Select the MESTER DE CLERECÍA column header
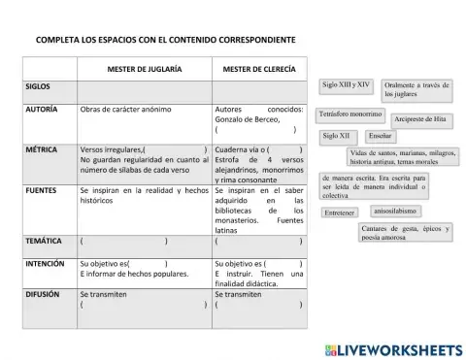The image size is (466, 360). pos(258,69)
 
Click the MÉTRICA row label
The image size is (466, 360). pos(43,149)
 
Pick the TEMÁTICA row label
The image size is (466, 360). pos(45,239)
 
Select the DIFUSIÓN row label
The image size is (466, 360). pos(44,292)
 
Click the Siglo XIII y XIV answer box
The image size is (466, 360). pos(347,85)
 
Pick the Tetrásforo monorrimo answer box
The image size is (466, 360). pos(350,115)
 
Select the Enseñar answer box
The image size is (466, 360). pos(380,136)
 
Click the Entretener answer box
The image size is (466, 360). pos(340,212)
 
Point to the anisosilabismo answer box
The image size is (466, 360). pos(395,210)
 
